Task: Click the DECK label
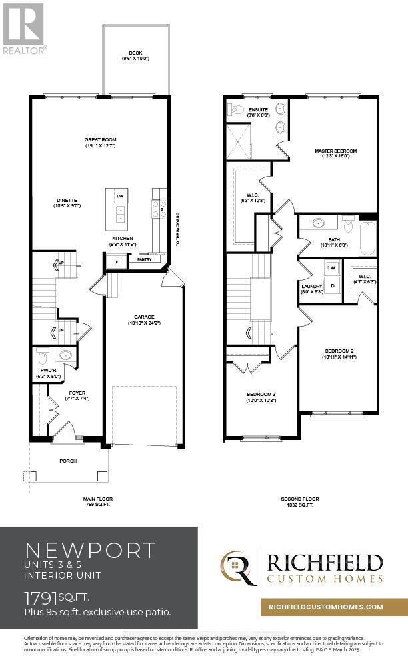135,53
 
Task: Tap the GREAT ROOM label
100,140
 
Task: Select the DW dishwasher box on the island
120,197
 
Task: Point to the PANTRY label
144,259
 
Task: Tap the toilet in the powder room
42,353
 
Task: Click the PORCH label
68,461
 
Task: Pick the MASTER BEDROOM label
333,151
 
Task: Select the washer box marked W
333,267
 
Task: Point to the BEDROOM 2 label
339,351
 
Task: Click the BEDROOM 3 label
261,394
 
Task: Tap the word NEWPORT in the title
90,550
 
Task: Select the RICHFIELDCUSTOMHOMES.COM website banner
325,607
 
